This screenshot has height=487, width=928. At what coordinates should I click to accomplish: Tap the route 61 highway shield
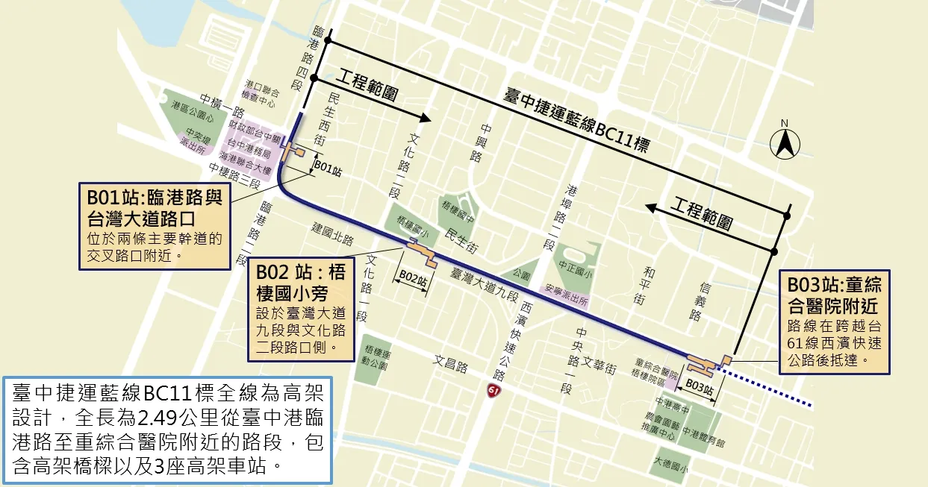(493, 391)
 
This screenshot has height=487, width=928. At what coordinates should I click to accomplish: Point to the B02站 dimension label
(412, 276)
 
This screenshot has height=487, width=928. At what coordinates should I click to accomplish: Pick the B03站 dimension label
(699, 387)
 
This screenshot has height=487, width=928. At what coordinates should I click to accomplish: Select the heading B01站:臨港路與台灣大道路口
(155, 208)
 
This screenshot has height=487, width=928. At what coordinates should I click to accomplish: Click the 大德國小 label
(670, 465)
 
